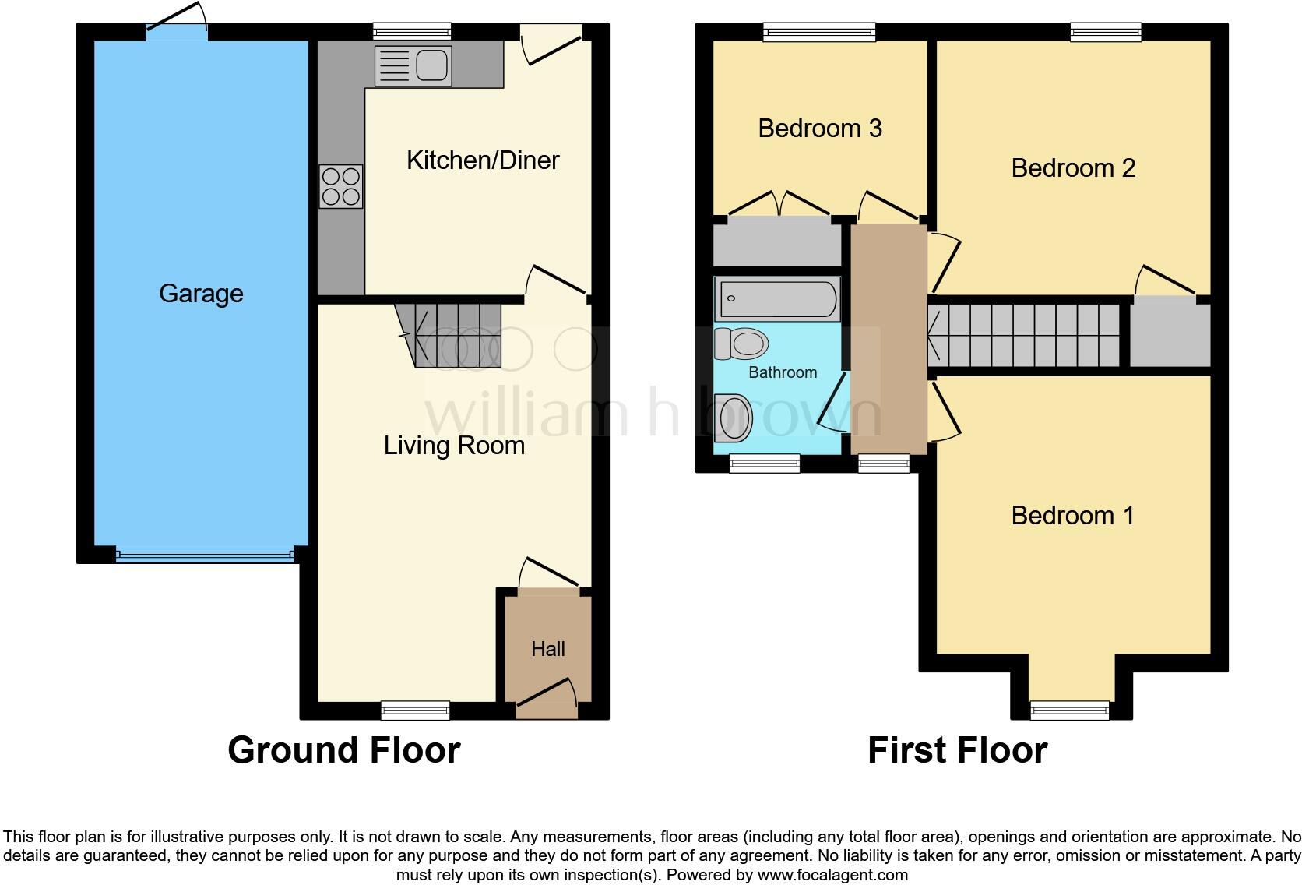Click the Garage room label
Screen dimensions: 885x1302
[x=201, y=294]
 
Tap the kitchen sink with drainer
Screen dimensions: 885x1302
[x=413, y=65]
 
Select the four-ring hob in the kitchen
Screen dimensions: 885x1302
[x=341, y=186]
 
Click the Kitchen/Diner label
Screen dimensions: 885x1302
[x=483, y=160]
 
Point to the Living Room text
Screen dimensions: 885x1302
[x=454, y=446]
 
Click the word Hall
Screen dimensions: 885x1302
[x=547, y=649]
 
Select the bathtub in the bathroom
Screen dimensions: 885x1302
[x=777, y=298]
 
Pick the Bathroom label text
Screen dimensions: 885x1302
[x=783, y=372]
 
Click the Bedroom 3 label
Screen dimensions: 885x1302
[x=820, y=129]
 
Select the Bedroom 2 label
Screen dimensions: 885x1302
[x=1073, y=168]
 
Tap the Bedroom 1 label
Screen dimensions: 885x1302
[x=1072, y=516]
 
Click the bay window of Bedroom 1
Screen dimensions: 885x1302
[x=1069, y=709]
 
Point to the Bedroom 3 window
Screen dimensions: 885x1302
[x=819, y=32]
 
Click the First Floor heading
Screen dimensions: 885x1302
[x=957, y=750]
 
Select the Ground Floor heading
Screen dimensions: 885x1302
[x=343, y=750]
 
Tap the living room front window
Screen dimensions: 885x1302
[x=415, y=709]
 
